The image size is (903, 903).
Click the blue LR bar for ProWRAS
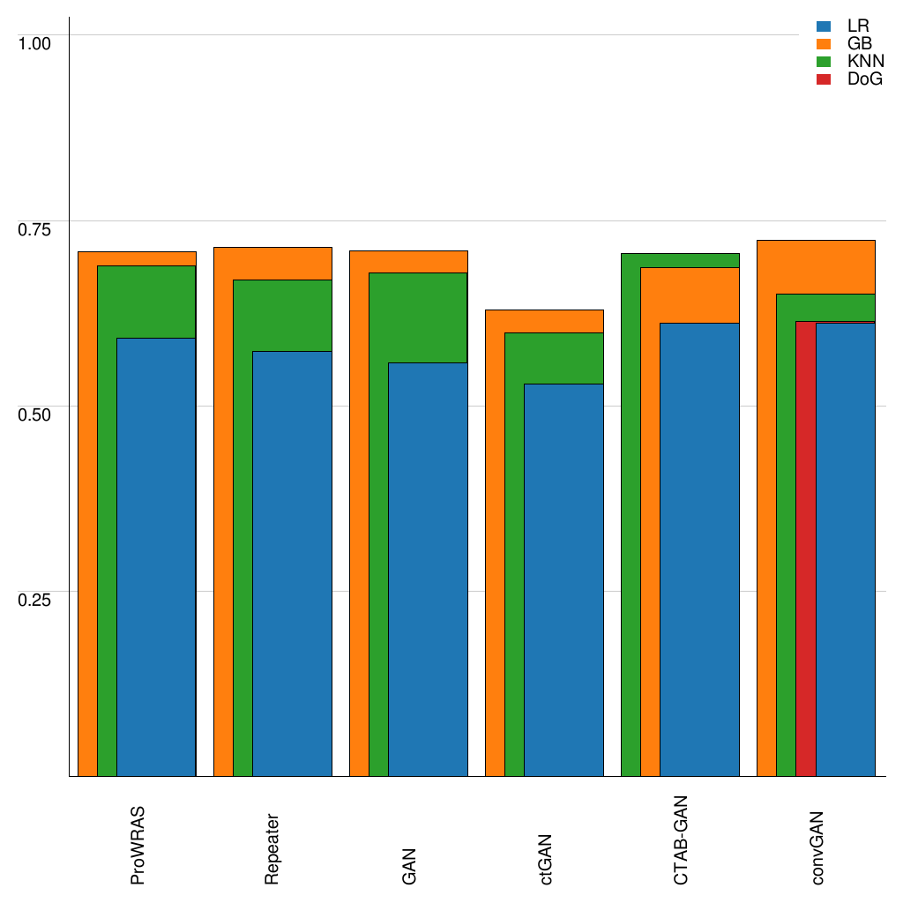(x=156, y=556)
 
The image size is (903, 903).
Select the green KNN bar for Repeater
(x=243, y=529)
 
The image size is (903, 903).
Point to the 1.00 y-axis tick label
(x=35, y=42)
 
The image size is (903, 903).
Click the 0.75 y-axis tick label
(x=35, y=229)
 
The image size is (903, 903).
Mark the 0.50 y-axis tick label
(x=35, y=414)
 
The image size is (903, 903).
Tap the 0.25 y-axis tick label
(x=35, y=600)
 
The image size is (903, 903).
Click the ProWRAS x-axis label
(x=138, y=845)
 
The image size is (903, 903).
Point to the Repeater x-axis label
(x=273, y=847)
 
